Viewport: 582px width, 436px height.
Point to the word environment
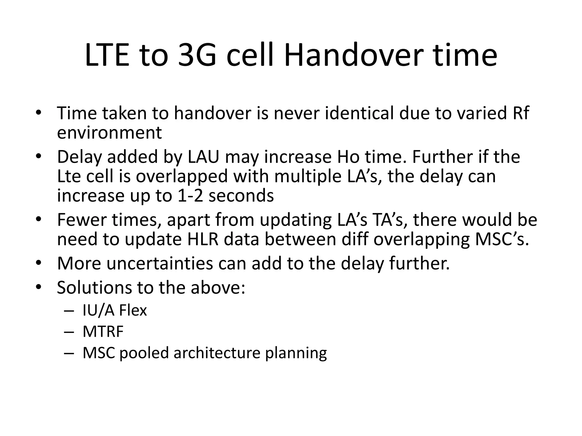[x=109, y=133]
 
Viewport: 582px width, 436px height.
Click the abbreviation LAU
[x=203, y=157]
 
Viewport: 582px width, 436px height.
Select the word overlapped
[x=182, y=176]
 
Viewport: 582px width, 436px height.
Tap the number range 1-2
[x=190, y=196]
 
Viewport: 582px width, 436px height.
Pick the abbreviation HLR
[x=203, y=239]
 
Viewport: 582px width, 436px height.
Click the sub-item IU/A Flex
[x=115, y=310]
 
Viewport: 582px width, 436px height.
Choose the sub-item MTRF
[x=103, y=331]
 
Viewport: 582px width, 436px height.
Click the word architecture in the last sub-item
[x=217, y=353]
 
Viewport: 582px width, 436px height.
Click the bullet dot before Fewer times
[x=39, y=219]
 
